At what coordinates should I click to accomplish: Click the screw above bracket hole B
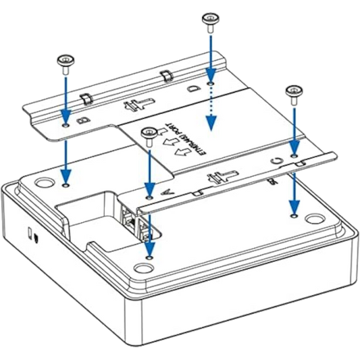[66, 62]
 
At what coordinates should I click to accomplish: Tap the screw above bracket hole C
[294, 92]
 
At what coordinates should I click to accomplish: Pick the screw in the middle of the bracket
[148, 132]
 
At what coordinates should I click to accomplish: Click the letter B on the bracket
[84, 120]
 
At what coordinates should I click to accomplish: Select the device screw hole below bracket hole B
[65, 183]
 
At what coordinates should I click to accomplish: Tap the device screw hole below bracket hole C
[294, 215]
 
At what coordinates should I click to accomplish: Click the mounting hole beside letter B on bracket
[65, 124]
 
